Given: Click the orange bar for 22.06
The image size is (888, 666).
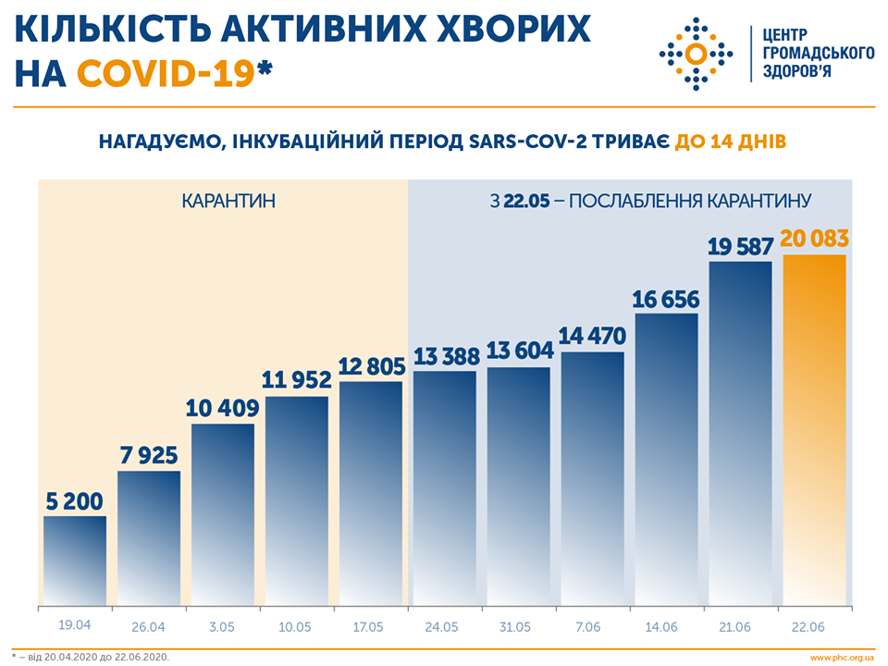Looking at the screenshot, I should point(815,430).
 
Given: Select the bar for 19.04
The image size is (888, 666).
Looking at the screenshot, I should point(75,561).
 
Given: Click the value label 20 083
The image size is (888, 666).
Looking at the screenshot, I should point(815,239).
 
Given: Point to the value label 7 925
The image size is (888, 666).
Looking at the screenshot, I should point(149,456).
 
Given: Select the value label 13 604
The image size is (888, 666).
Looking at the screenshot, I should point(519,351).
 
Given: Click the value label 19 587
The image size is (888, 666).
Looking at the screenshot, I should point(741,246).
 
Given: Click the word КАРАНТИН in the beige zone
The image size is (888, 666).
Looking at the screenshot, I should point(228,200).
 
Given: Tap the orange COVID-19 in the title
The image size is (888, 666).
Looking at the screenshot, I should point(166,73).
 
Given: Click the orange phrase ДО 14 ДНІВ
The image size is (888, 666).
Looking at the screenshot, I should point(731,142).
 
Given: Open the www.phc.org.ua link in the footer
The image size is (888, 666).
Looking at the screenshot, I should point(841,657).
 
